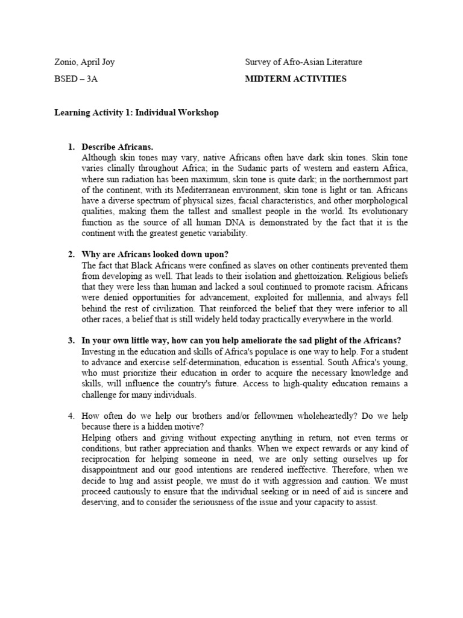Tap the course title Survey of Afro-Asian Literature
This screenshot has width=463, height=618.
pos(304,62)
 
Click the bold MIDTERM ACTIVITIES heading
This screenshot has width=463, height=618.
pos(296,79)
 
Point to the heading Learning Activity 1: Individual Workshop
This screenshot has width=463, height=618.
pos(137,113)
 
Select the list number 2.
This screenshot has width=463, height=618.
pos(71,254)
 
